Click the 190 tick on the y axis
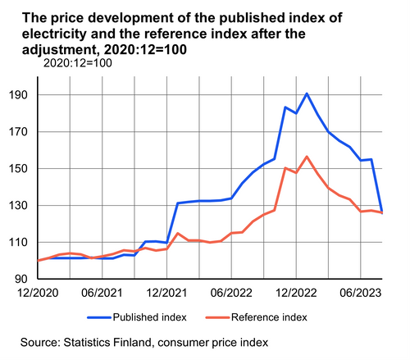tap(18, 95)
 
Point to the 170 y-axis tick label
tap(18, 132)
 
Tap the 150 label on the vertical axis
tap(18, 169)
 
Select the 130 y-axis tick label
tap(18, 206)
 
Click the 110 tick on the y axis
tap(18, 243)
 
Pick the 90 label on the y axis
tap(22, 280)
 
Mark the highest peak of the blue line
tap(307, 93)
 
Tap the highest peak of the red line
tap(307, 157)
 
